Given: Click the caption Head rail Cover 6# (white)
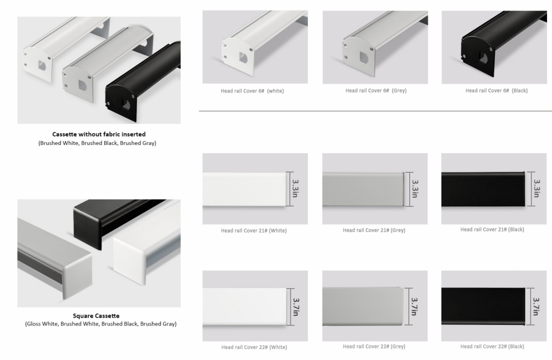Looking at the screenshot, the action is tap(253, 91).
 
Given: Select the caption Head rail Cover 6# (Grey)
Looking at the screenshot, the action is tap(376, 90).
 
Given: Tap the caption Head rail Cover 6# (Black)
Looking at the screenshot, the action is tap(496, 90).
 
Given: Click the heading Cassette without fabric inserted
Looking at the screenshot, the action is tap(99, 134).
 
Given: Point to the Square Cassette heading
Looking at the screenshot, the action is tap(96, 315).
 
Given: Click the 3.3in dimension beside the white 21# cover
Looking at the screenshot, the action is tap(295, 188).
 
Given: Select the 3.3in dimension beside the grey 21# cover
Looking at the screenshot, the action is tap(415, 188).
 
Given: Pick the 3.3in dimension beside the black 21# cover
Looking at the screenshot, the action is tap(536, 188).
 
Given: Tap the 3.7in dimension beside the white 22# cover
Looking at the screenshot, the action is tap(296, 307).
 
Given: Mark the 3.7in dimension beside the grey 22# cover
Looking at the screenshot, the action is tap(414, 307).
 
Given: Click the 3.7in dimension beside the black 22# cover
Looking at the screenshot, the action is tap(536, 307).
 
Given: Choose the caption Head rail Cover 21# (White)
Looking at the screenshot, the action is tap(254, 231).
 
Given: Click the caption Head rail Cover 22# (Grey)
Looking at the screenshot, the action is tap(374, 346).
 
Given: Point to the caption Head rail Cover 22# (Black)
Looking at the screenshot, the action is tap(492, 346).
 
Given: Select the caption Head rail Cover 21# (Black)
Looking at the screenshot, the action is tap(492, 230).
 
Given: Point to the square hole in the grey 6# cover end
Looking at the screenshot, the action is tap(364, 58).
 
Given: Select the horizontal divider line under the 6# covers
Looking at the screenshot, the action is tap(375, 111).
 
